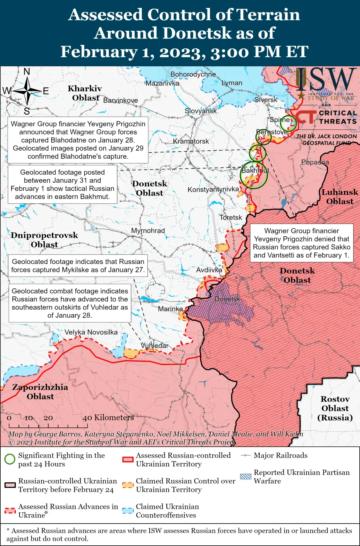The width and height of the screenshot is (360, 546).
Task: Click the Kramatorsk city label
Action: [191, 141]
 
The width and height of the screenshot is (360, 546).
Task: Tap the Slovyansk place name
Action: [201, 111]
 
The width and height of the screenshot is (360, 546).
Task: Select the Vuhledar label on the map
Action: [155, 346]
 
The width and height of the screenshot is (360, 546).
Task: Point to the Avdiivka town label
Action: [209, 270]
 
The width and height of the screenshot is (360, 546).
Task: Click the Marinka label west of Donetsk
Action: [170, 309]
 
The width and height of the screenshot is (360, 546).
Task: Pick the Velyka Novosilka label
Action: [91, 332]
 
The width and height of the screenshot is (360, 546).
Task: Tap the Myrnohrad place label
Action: [148, 231]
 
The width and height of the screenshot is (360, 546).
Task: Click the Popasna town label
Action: [315, 162]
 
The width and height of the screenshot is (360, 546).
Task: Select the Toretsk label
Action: [231, 218]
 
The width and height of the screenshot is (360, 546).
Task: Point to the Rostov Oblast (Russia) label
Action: [335, 408]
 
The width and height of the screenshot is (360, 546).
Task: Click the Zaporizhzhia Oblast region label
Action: [40, 392]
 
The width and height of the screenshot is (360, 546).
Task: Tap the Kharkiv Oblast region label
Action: [85, 93]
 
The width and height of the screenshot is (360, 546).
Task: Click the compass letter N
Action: [27, 71]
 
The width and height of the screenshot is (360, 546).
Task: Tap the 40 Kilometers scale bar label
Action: [108, 418]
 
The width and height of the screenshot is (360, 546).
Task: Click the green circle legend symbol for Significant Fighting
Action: [10, 459]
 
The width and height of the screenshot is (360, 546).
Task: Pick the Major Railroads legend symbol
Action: [246, 455]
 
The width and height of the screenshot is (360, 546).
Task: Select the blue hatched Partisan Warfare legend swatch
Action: [246, 476]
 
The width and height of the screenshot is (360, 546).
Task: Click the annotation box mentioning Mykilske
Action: [78, 266]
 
